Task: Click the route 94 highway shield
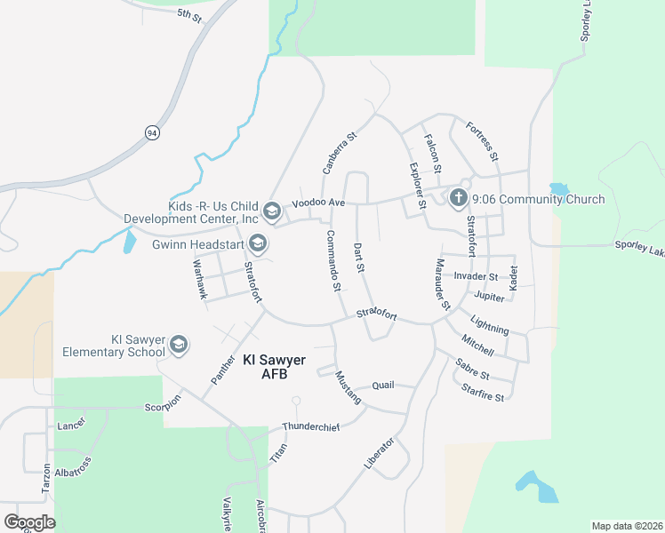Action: [x=152, y=132]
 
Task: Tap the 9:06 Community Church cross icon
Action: [x=459, y=196]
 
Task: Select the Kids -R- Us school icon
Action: [x=272, y=211]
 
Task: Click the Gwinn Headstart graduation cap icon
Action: [x=257, y=243]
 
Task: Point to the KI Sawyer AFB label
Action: [x=274, y=367]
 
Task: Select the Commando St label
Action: [x=332, y=260]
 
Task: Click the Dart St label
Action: [x=360, y=257]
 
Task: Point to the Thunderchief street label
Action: [x=311, y=427]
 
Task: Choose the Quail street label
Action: [x=382, y=386]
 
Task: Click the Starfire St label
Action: [x=483, y=393]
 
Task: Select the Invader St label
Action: [x=476, y=277]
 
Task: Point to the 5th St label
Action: [x=189, y=14]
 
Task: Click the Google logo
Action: [x=29, y=521]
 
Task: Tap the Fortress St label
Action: [x=482, y=141]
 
